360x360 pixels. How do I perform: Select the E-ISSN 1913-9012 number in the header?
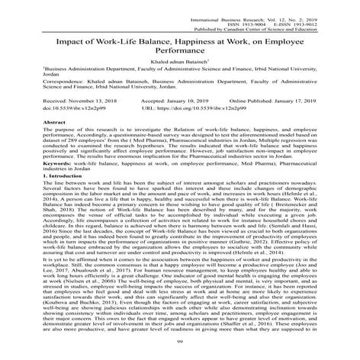[303, 15]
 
